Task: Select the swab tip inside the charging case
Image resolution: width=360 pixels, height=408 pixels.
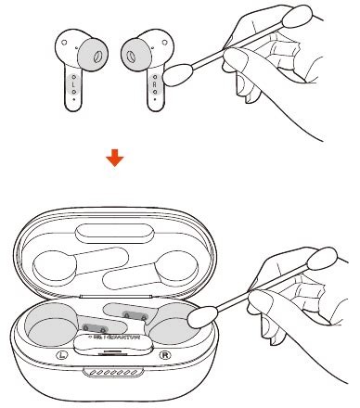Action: pyautogui.click(x=198, y=319)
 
